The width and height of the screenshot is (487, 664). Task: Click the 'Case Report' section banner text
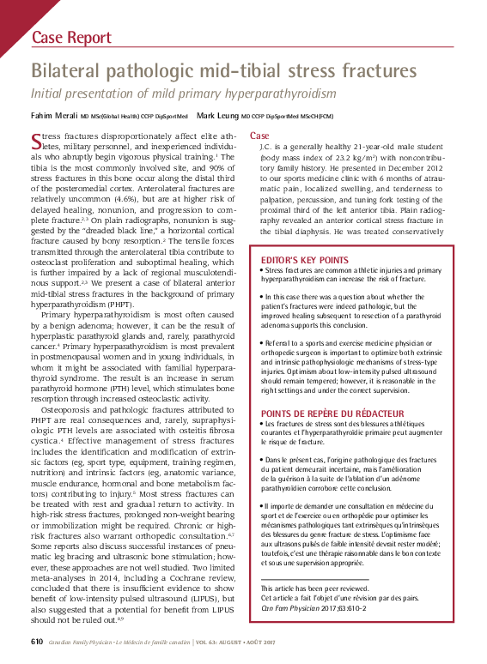[x=71, y=38]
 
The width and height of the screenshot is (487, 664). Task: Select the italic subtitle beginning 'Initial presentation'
[x=183, y=94]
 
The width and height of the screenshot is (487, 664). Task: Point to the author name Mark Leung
[x=217, y=115]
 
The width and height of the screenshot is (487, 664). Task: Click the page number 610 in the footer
[x=37, y=642]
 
